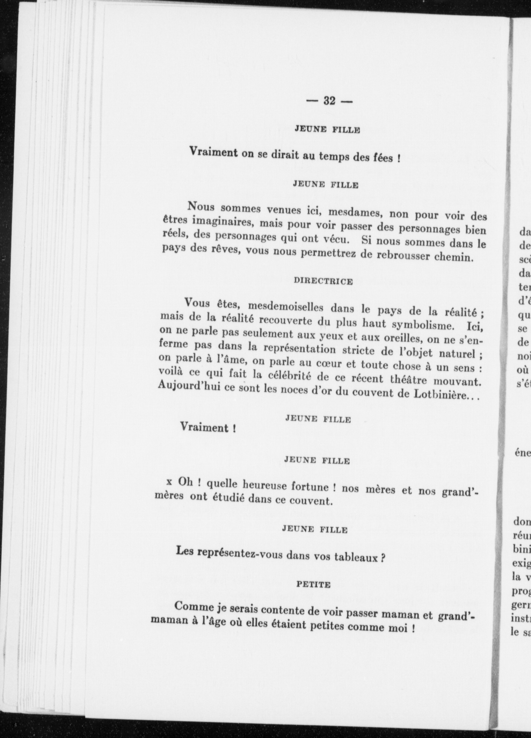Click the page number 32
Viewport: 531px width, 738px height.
pyautogui.click(x=329, y=101)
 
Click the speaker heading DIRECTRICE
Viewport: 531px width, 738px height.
pyautogui.click(x=323, y=281)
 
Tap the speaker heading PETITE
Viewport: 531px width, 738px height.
pyautogui.click(x=313, y=584)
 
